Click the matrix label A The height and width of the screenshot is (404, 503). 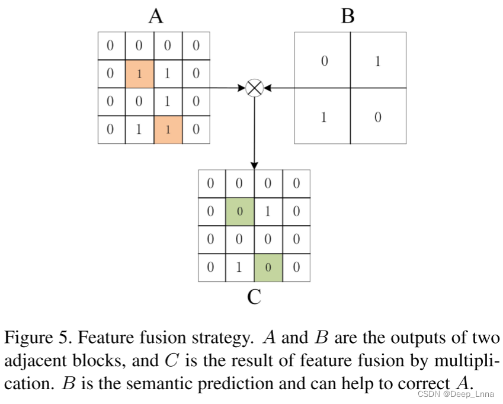coord(156,16)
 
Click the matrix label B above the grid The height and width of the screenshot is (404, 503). coord(348,16)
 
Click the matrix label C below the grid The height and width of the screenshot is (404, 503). coord(254,296)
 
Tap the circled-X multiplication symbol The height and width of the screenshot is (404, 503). coord(254,88)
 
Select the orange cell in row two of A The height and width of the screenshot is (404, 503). coord(139,73)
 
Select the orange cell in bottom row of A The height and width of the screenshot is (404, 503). coord(168,130)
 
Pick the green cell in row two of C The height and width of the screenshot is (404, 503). coord(239,211)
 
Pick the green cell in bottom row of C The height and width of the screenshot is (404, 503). coord(268,268)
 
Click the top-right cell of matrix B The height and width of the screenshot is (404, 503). coord(378,60)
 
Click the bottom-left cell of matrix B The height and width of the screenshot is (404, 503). coord(323,116)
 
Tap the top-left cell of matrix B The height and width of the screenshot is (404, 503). coord(323,60)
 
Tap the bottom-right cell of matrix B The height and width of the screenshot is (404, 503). coord(378,116)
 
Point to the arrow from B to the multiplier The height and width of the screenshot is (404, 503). coord(278,88)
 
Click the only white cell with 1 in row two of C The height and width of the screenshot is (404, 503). coord(268,211)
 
